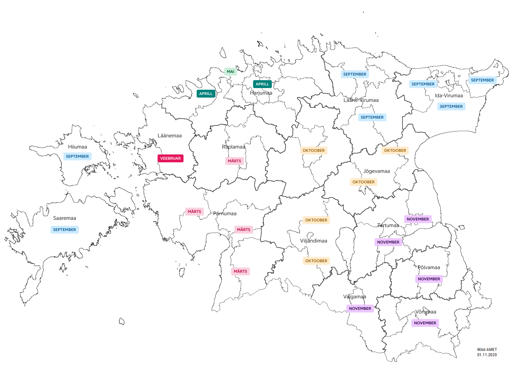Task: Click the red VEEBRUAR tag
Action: [x=170, y=158]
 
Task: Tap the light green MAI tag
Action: [x=230, y=72]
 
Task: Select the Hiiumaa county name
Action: [x=77, y=147]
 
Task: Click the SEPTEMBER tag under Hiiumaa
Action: [x=77, y=156]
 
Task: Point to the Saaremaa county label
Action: [x=64, y=218]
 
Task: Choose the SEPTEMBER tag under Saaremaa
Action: [x=64, y=230]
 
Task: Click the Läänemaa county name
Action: [x=169, y=136]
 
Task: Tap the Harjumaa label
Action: [x=261, y=93]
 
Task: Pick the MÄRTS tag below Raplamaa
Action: [x=234, y=161]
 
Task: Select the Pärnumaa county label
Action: [x=225, y=214]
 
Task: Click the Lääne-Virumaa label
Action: [x=361, y=100]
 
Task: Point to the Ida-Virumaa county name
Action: [x=449, y=96]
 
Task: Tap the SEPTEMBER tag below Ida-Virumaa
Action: [x=451, y=106]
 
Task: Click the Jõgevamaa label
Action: [x=377, y=171]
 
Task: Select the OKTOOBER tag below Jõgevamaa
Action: [x=363, y=182]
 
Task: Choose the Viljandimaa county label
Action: [x=314, y=241]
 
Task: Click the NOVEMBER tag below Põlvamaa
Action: [x=429, y=279]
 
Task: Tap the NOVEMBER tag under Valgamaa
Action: [x=360, y=309]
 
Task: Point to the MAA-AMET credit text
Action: [x=487, y=350]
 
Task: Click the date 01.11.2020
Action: [x=487, y=355]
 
